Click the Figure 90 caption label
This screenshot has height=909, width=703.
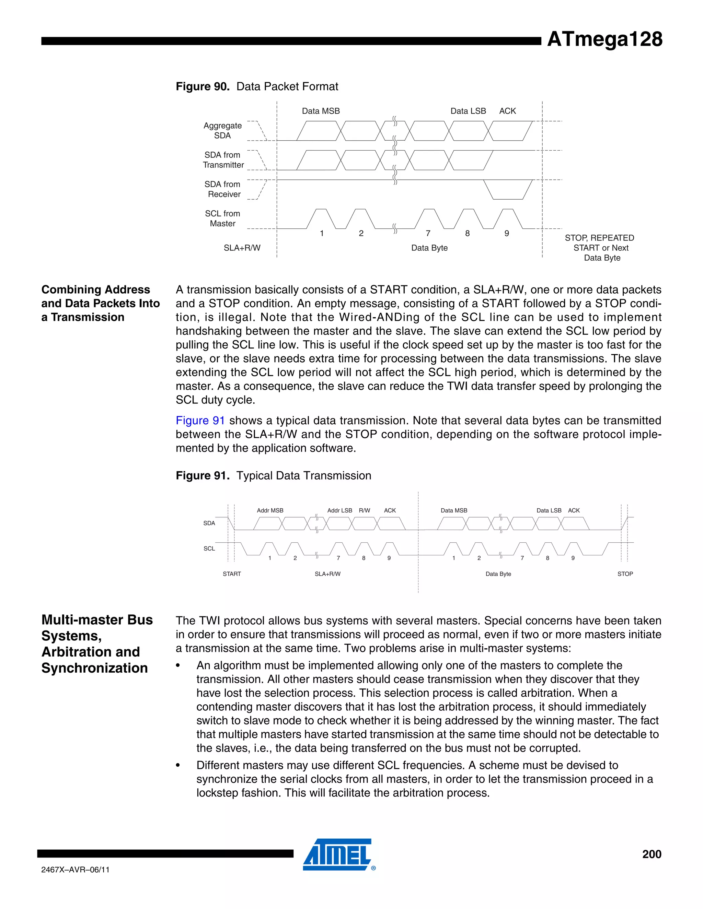pyautogui.click(x=203, y=86)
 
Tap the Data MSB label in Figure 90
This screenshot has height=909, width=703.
pyautogui.click(x=321, y=111)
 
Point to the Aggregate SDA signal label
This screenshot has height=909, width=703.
pyautogui.click(x=222, y=130)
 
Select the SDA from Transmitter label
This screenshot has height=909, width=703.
pyautogui.click(x=223, y=160)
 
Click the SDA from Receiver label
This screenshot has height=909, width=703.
pyautogui.click(x=223, y=189)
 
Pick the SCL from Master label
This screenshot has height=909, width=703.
pyautogui.click(x=222, y=219)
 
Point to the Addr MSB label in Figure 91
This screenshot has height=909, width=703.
pyautogui.click(x=270, y=510)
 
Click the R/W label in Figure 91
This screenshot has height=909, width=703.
pyautogui.click(x=365, y=510)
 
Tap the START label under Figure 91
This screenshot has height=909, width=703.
pyautogui.click(x=232, y=574)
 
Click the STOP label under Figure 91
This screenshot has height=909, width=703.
pyautogui.click(x=625, y=574)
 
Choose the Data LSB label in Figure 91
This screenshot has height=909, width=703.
pyautogui.click(x=549, y=510)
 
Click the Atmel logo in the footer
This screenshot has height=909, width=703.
pyautogui.click(x=338, y=854)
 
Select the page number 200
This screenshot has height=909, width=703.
pyautogui.click(x=652, y=854)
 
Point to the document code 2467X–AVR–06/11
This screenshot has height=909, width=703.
pyautogui.click(x=76, y=870)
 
